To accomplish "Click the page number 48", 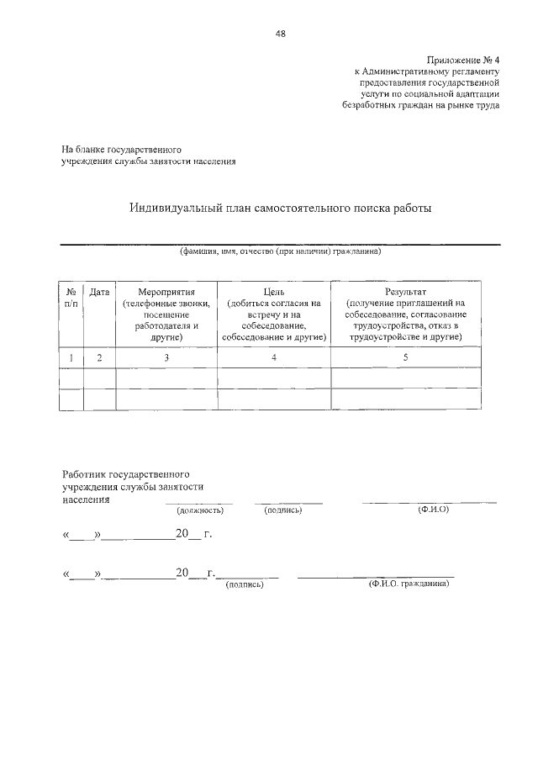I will coord(280,34).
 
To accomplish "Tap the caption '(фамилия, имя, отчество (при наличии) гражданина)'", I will coord(280,251).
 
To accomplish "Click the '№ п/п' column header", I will coord(71,297).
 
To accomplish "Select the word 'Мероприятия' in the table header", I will coord(166,292).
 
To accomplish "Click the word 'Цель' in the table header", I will coord(274,292).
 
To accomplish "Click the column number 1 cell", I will coord(71,357).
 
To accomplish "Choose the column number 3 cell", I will coord(166,357).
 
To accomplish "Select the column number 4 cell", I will coord(274,357).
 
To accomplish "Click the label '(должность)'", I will coord(199,510).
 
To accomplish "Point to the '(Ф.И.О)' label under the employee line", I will coord(433,509).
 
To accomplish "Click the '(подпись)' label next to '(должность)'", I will coord(284,510).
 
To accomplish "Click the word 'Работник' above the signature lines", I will coord(85,473).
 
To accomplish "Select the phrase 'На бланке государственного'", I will coord(122,149).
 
